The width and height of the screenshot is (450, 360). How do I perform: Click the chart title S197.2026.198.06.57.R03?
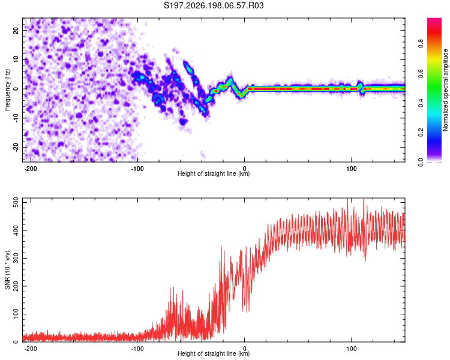tap(214, 5)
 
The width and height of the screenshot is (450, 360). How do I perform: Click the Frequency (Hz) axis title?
tap(7, 90)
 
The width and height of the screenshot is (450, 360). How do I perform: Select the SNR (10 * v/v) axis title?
tap(7, 270)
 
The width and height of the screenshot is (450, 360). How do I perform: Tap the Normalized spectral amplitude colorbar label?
tap(445, 90)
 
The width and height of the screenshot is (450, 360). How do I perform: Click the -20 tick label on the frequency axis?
tap(16, 148)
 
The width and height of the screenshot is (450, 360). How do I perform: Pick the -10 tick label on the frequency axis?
tap(16, 118)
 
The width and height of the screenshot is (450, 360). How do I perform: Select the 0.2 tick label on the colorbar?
tap(421, 132)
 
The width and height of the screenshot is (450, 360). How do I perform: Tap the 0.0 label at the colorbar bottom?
tap(421, 162)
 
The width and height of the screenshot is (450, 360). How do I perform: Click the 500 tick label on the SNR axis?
tap(16, 203)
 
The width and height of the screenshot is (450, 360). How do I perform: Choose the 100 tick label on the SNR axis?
tap(16, 314)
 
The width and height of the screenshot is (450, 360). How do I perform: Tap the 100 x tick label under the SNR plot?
tap(351, 349)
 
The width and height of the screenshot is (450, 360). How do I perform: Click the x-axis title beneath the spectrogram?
tap(214, 173)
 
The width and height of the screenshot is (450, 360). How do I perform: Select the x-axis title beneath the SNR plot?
tap(214, 353)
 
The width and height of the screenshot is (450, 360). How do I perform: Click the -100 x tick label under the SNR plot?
tap(137, 349)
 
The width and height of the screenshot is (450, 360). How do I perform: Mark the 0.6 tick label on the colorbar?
tap(421, 73)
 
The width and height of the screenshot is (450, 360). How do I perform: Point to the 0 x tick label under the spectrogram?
tap(245, 169)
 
